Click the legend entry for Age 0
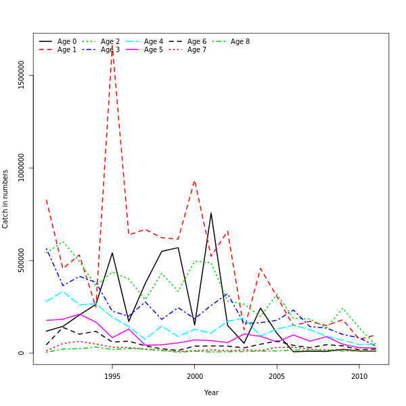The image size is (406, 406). pyautogui.click(x=67, y=42)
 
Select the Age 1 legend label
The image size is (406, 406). pyautogui.click(x=67, y=50)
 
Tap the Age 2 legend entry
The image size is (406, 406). pyautogui.click(x=110, y=42)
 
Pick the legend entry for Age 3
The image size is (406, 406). pyautogui.click(x=110, y=50)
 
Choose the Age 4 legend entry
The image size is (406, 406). pyautogui.click(x=154, y=42)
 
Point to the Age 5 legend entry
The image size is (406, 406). pyautogui.click(x=154, y=50)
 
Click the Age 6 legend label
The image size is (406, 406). pyautogui.click(x=197, y=42)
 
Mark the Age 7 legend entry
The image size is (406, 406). pyautogui.click(x=197, y=50)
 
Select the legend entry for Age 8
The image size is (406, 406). pyautogui.click(x=240, y=42)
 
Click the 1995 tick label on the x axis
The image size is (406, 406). pyautogui.click(x=112, y=376)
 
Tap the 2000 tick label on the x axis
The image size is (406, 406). pyautogui.click(x=195, y=376)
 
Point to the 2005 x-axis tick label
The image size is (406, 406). pyautogui.click(x=277, y=376)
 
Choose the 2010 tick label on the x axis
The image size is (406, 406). pyautogui.click(x=359, y=376)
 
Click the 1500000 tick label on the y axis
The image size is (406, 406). pyautogui.click(x=22, y=74)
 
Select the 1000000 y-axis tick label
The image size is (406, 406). pyautogui.click(x=22, y=167)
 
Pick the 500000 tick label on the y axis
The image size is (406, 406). pyautogui.click(x=22, y=260)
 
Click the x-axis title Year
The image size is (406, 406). pyautogui.click(x=211, y=392)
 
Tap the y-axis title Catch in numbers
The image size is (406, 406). pyautogui.click(x=6, y=199)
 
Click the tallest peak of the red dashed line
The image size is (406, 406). pyautogui.click(x=112, y=45)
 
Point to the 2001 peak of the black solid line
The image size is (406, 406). pyautogui.click(x=210, y=213)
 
